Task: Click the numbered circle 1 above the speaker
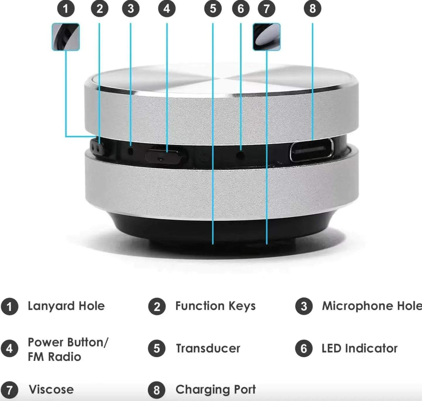tap(66, 9)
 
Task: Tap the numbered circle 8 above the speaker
tap(312, 9)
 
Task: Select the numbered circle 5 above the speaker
tap(213, 9)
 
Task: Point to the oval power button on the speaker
tap(166, 155)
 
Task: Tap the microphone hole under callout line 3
tap(131, 151)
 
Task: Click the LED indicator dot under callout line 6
tap(241, 154)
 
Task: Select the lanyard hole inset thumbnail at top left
tap(66, 37)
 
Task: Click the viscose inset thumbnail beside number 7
tap(266, 37)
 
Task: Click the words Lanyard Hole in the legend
tap(66, 306)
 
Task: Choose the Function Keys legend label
tap(215, 306)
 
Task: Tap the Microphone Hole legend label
tap(372, 306)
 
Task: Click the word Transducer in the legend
tap(208, 349)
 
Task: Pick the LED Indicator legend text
tap(359, 349)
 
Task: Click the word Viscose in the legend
tap(51, 390)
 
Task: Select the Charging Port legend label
tap(215, 390)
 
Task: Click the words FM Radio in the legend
tap(54, 357)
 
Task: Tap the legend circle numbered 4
tap(9, 349)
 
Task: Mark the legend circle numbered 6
tap(304, 349)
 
